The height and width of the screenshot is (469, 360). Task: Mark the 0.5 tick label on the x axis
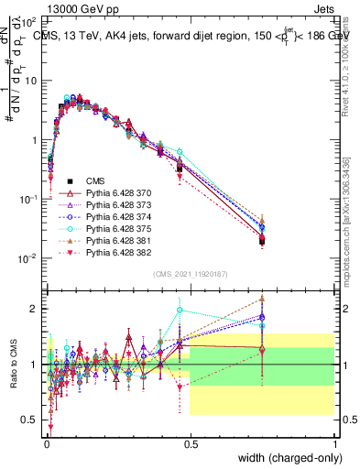pos(190,442)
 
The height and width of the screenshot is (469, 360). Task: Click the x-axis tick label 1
pos(333,442)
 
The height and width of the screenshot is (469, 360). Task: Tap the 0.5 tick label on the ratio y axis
pos(30,420)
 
